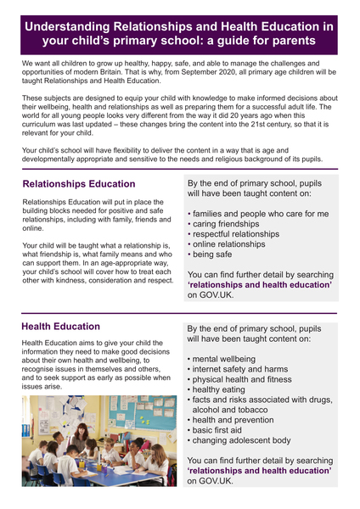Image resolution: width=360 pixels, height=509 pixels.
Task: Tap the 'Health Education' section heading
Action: coord(60,326)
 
